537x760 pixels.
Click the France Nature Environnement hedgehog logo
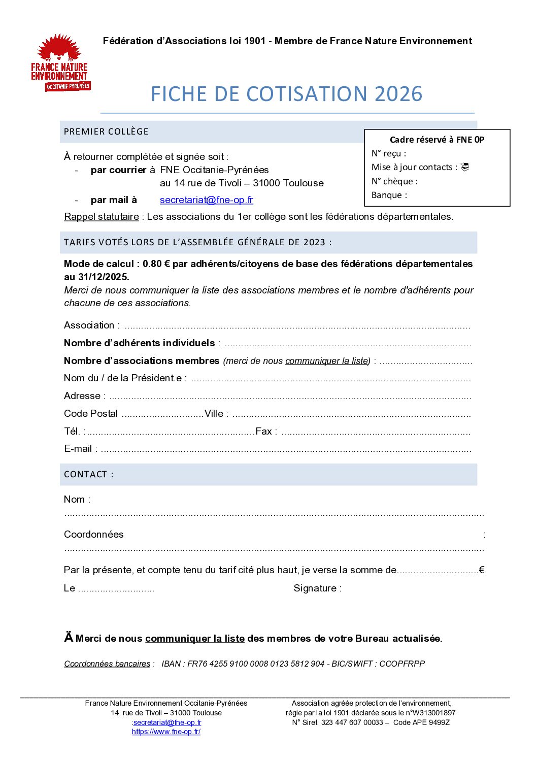(60, 62)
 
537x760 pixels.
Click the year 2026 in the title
(398, 94)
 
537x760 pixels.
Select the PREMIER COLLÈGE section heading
(106, 131)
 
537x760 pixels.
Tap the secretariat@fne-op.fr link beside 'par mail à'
(206, 200)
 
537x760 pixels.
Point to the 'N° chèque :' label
(394, 181)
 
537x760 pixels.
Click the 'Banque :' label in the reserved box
(389, 195)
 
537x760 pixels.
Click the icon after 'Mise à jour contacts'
(464, 167)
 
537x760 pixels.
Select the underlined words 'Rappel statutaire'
(102, 217)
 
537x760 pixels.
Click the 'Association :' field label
(92, 325)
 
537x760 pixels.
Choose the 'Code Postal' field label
(91, 414)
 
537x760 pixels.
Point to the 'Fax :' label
(266, 432)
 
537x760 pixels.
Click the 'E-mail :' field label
(81, 449)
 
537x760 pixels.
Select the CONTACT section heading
(88, 474)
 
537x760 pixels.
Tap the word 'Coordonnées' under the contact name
(94, 535)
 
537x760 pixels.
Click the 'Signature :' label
(317, 588)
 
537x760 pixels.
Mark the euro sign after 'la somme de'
(481, 570)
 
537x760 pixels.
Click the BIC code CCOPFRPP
(402, 664)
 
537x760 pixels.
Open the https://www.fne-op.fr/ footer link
(166, 732)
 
